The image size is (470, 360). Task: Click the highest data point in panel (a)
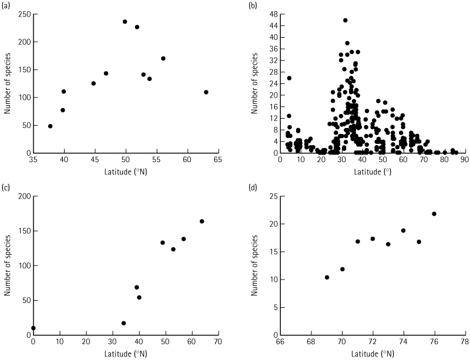tap(125, 22)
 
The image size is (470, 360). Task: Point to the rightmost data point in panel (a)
tap(206, 92)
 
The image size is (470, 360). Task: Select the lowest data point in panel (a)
tap(51, 126)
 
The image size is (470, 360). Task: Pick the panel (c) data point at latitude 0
tap(33, 328)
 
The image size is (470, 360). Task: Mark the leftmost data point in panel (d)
tap(327, 277)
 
